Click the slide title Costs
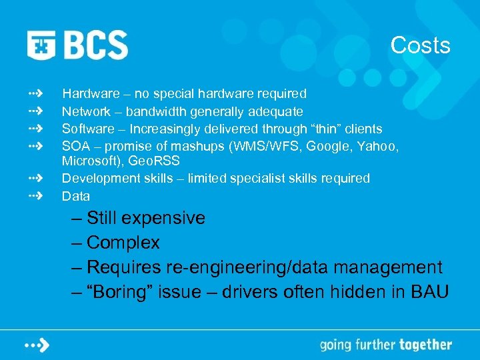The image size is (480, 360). [x=420, y=45]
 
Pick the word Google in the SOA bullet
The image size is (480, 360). [x=321, y=145]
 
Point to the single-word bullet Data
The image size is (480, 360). [x=75, y=196]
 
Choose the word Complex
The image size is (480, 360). [x=123, y=243]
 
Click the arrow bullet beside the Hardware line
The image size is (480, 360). [x=36, y=93]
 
